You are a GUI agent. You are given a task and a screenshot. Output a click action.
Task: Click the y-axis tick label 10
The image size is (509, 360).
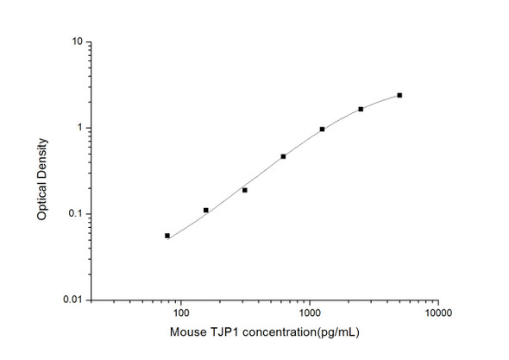pos(77,41)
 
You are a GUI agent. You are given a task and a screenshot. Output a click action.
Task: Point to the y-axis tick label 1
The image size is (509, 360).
pos(79,128)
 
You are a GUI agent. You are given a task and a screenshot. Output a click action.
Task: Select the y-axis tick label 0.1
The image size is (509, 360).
pos(75,214)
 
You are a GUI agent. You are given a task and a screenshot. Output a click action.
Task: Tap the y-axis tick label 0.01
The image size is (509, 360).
pos(72,300)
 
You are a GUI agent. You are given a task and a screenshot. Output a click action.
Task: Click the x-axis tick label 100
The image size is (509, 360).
pos(180,315)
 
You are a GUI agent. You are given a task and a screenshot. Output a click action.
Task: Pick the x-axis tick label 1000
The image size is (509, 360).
pos(309,315)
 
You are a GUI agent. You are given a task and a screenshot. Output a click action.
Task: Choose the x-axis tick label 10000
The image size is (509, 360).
pos(437,315)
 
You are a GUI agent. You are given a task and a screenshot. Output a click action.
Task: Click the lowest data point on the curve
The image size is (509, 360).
pos(167,236)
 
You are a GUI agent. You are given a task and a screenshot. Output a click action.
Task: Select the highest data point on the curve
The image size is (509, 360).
pos(399,95)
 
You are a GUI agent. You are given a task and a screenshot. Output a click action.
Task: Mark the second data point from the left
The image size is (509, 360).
pos(206,210)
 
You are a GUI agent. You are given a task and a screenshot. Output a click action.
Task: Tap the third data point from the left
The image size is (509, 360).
pos(245,190)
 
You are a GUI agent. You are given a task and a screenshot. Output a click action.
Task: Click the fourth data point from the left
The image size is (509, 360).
pos(283,156)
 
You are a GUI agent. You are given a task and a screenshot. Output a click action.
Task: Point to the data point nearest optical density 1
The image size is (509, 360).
pos(322,129)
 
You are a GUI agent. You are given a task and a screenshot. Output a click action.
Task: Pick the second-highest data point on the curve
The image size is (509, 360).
pos(361,109)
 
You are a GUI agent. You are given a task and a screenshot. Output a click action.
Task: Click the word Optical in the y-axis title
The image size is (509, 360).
pos(42,201)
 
